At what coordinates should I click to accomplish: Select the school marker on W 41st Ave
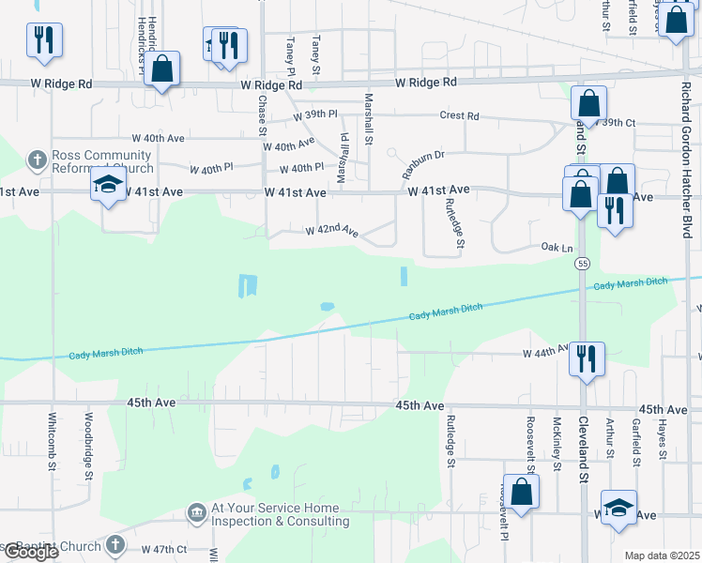109,185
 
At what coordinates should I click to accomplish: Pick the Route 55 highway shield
583,266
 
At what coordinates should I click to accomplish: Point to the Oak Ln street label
557,247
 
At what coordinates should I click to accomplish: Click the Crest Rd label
460,116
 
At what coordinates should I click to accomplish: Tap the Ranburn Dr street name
422,165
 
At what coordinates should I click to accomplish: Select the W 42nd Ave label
332,230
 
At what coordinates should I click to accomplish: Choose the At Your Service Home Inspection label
274,514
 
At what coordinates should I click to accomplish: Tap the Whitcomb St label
52,439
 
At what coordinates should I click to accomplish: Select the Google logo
30,552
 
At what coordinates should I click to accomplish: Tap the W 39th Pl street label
314,115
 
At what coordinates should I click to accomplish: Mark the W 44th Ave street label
545,353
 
